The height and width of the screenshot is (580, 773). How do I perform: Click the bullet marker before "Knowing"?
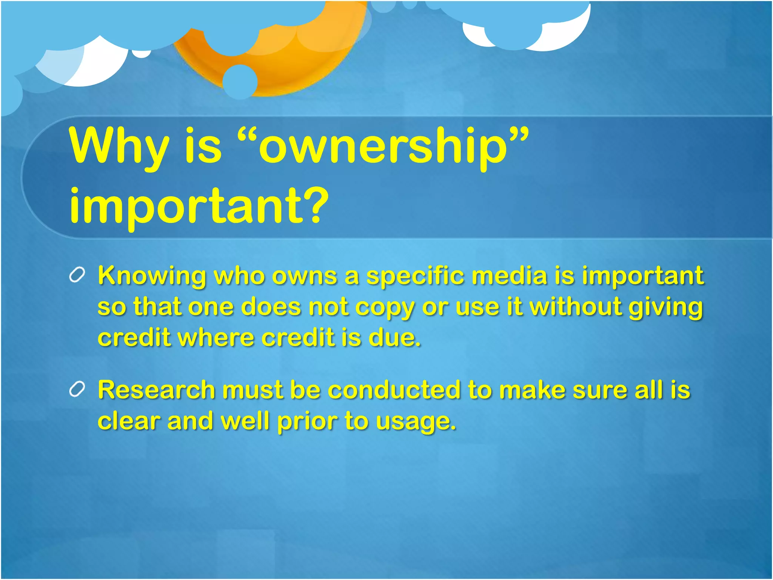(x=77, y=275)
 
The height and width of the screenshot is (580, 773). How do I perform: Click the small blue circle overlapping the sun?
(x=240, y=82)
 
